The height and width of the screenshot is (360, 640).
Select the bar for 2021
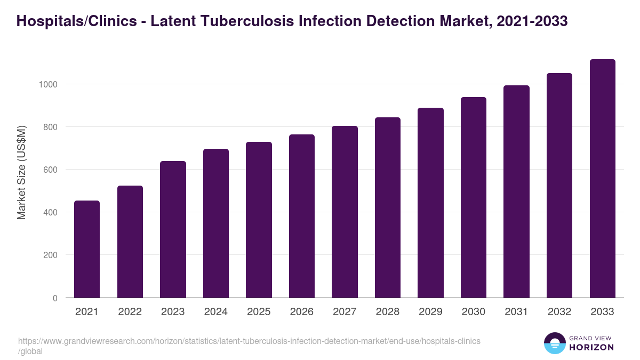(x=87, y=249)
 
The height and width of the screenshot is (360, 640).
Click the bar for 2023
(x=173, y=229)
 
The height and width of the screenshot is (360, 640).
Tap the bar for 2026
(x=302, y=216)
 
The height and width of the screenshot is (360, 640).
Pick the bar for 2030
(x=474, y=197)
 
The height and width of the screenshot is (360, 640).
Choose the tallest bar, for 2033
(x=602, y=179)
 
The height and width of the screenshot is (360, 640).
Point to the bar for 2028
(x=388, y=207)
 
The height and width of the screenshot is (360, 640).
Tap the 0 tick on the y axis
(x=54, y=298)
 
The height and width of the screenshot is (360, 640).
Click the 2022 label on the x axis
(x=130, y=312)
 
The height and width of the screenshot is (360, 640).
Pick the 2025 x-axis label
(x=259, y=312)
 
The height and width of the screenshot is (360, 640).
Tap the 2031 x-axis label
(x=516, y=312)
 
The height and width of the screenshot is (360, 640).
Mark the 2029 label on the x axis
(x=430, y=312)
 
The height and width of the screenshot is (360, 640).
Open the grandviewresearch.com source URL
(x=249, y=341)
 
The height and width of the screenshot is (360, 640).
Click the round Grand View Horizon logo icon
(x=555, y=343)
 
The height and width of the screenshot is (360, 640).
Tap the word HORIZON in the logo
(x=592, y=347)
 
